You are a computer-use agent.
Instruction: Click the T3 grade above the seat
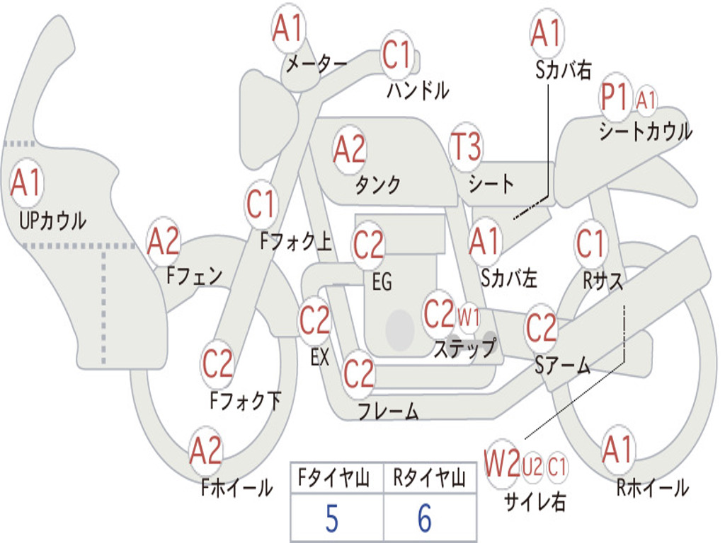point(466,146)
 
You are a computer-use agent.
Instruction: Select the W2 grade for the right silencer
point(502,464)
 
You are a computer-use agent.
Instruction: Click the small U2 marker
point(532,467)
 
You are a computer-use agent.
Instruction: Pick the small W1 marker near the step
point(469,317)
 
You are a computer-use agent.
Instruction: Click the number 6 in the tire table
point(425,518)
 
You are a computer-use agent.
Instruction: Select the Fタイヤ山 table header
point(334,478)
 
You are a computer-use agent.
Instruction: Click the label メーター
point(316,64)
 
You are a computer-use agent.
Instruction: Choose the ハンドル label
point(418,90)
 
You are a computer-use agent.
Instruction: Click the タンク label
point(378,185)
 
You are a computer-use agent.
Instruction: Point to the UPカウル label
point(52,221)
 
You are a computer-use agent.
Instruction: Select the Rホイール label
point(653,488)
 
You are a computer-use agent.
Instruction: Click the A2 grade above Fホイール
point(206,450)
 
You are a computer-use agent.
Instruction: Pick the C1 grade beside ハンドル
point(396,54)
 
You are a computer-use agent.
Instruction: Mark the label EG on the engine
point(382,281)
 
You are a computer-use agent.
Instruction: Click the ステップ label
point(464,348)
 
